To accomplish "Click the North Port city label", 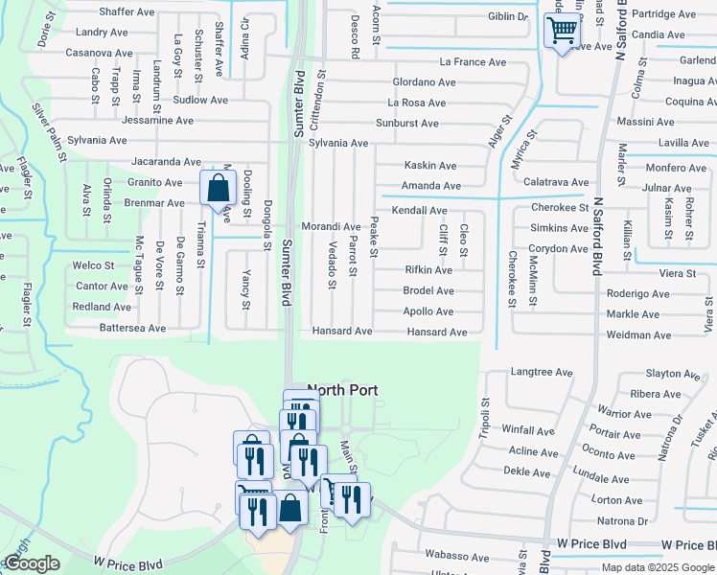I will pos(343,390).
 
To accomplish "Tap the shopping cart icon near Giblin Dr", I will pos(562,30).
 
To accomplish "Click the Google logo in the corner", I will pos(32,563).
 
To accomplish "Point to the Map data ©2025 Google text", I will pos(658,567).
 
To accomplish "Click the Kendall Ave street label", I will pos(419,210).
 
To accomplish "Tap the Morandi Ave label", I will pos(331,226).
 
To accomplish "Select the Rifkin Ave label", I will pos(428,270).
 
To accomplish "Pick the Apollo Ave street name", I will pos(428,311).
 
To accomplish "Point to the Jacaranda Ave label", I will pos(167,163).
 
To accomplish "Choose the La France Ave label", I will pos(473,62).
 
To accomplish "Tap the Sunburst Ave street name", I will pos(406,124).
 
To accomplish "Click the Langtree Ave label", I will pos(542,372).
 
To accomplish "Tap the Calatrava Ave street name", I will pos(556,182).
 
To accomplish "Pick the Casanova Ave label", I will pos(98,53).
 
